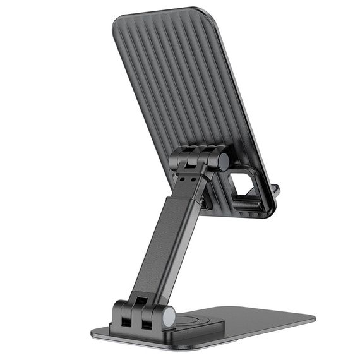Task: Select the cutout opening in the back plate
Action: pos(243,184)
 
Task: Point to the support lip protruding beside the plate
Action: pos(275,190)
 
